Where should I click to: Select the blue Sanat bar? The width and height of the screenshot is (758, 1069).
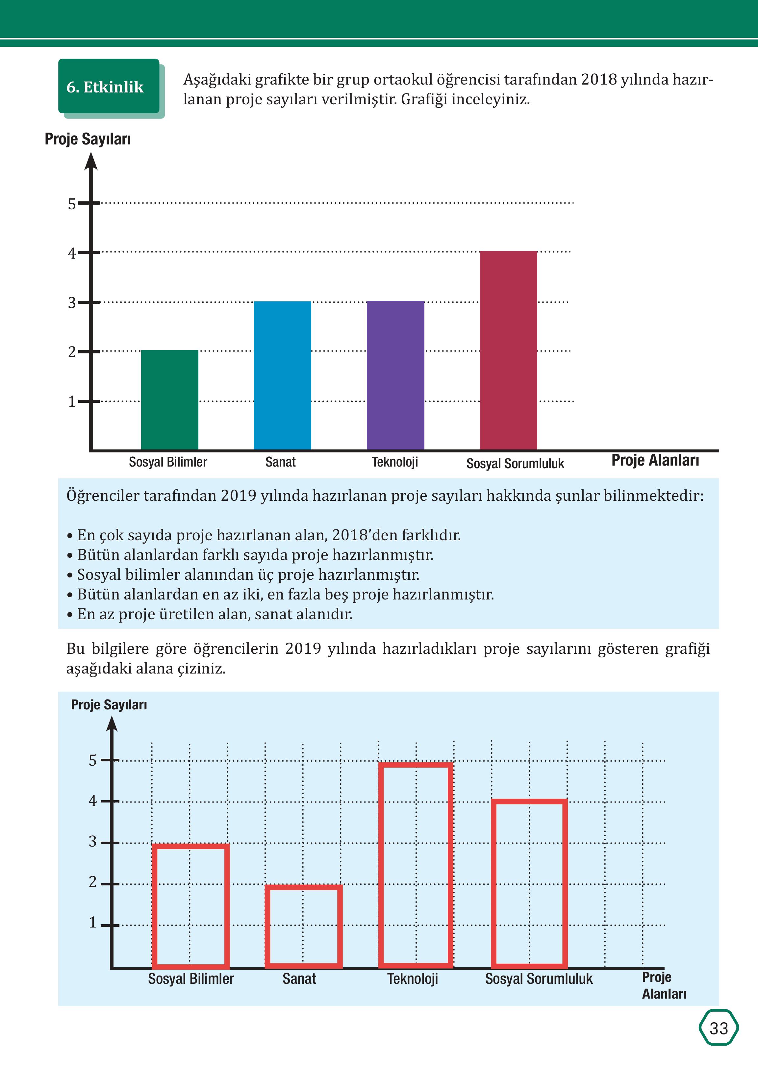click(282, 375)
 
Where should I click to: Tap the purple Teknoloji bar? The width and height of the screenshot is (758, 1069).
click(395, 375)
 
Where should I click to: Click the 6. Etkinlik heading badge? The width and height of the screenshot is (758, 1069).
click(109, 86)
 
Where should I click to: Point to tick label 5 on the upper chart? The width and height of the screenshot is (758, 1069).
click(71, 204)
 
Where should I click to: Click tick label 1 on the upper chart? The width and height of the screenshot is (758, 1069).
click(71, 401)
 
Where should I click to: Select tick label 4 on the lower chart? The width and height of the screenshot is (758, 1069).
click(92, 801)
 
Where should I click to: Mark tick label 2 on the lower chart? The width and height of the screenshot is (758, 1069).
click(92, 882)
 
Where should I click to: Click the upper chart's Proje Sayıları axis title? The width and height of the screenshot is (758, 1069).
click(88, 139)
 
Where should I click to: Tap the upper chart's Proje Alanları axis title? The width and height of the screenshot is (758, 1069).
click(655, 460)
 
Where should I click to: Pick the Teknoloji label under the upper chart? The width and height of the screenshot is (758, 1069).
click(395, 462)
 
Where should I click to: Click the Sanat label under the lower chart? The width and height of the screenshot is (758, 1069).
click(299, 979)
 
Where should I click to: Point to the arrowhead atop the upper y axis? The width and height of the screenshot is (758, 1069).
click(91, 161)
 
